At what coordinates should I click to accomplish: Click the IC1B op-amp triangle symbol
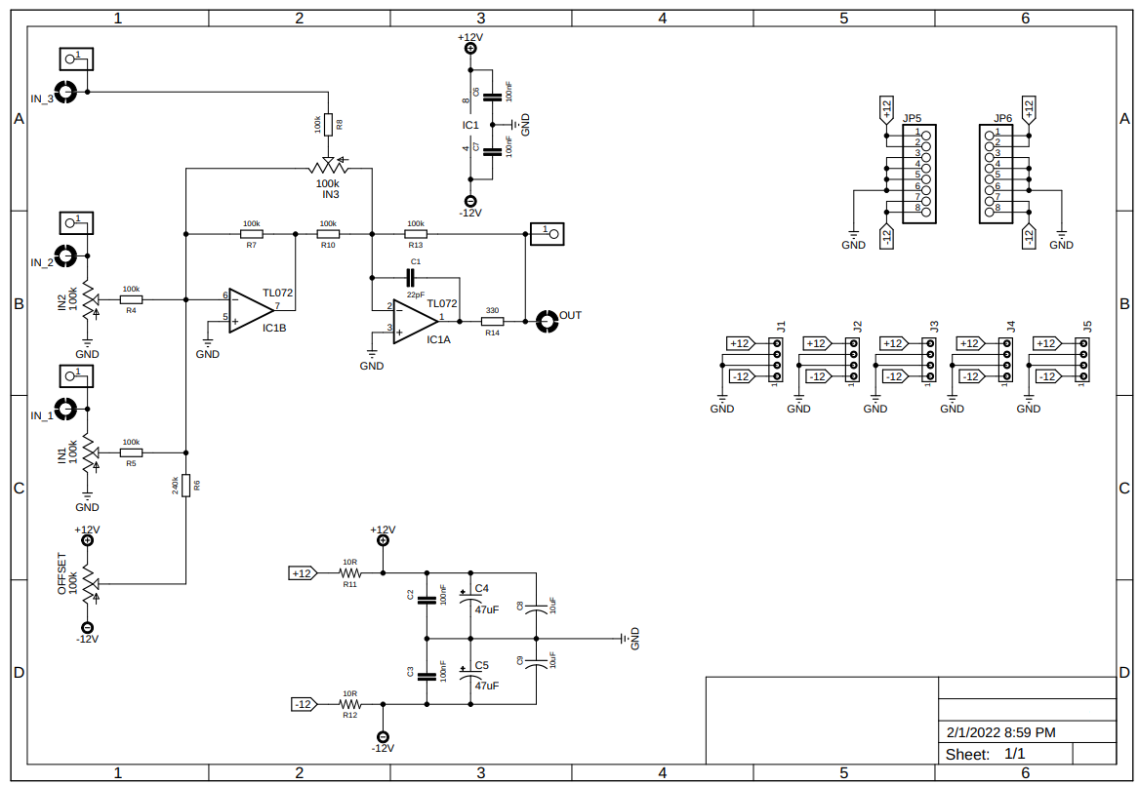250,309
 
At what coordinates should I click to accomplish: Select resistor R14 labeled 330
492,321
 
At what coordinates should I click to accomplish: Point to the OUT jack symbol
546,320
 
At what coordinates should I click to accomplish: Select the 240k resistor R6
185,485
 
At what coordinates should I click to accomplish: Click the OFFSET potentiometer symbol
88,583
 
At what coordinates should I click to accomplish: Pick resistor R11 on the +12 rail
349,573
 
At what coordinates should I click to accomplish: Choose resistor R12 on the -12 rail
349,704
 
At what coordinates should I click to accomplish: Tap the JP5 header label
913,118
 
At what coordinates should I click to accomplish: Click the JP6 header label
1003,118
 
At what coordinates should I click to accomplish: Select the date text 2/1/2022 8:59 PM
1000,732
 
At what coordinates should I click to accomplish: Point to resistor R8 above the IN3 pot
329,125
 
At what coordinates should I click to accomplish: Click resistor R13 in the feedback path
416,234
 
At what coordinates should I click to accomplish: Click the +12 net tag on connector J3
893,343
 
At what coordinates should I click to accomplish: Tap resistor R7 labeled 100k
252,234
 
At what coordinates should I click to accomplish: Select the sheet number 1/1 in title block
1014,754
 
